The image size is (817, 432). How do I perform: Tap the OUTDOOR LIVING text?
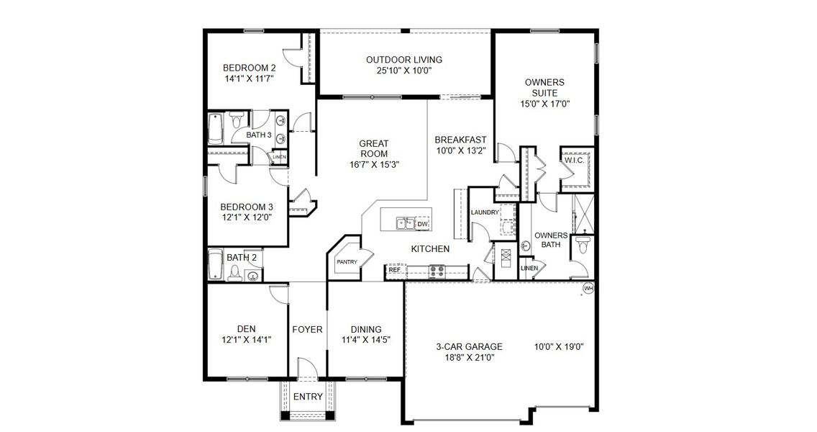(x=403, y=60)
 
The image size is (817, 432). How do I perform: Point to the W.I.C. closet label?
(x=575, y=161)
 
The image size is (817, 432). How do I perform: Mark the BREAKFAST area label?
(x=460, y=140)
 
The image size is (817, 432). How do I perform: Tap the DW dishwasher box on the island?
(x=423, y=225)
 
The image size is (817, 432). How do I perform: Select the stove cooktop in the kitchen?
(x=437, y=271)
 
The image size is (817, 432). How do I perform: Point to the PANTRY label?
(x=347, y=262)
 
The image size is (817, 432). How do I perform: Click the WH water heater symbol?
(x=588, y=288)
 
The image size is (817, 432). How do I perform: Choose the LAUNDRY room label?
(x=485, y=212)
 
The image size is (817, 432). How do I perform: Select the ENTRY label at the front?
(x=308, y=397)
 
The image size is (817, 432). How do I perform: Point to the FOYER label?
(x=307, y=330)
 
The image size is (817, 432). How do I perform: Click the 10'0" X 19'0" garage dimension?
(x=560, y=346)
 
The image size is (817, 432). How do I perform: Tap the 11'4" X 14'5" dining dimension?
(x=366, y=340)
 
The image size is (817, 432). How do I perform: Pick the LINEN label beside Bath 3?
(x=278, y=157)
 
